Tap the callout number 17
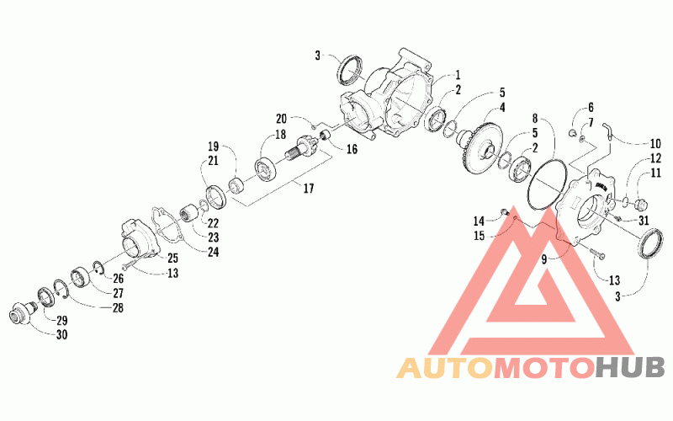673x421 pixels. [x=308, y=189]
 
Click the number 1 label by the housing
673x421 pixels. [x=458, y=74]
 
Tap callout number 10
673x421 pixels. [x=654, y=142]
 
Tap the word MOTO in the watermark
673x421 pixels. [x=543, y=367]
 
